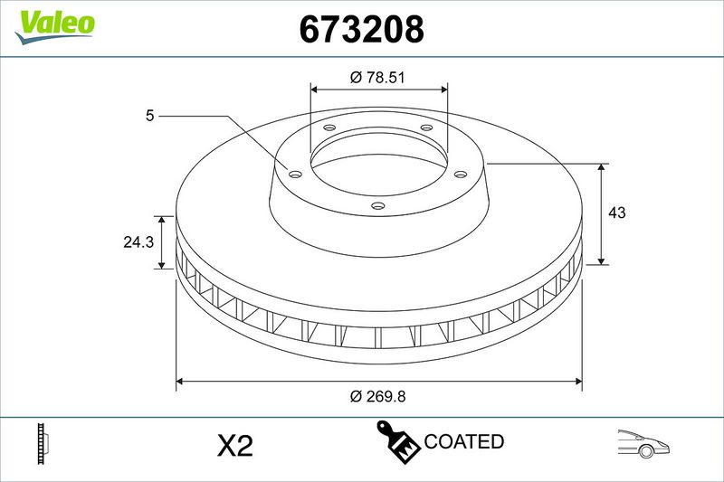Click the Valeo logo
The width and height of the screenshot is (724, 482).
click(54, 26)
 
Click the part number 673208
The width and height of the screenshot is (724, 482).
click(361, 29)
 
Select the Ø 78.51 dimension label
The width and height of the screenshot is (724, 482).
click(377, 77)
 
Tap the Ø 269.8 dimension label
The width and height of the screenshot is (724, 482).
click(377, 396)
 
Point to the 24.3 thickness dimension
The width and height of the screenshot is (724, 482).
click(138, 241)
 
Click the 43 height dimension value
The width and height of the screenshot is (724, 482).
click(617, 213)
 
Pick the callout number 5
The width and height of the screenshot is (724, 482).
click(149, 116)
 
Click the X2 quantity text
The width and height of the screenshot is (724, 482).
click(235, 446)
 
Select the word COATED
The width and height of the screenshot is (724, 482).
click(463, 441)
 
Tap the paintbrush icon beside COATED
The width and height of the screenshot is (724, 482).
click(396, 441)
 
